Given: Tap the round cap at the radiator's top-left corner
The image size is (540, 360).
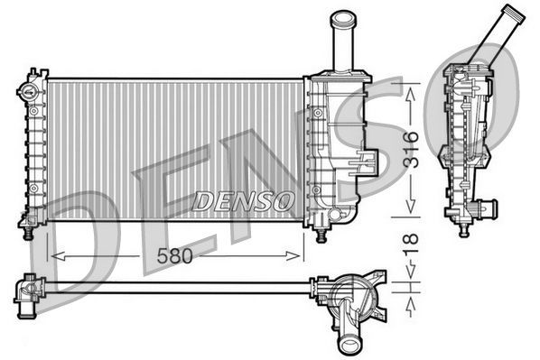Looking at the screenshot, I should (x=27, y=91).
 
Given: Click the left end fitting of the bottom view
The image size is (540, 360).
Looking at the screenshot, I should (x=26, y=291).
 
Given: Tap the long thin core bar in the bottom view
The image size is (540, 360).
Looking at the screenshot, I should (x=172, y=287).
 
